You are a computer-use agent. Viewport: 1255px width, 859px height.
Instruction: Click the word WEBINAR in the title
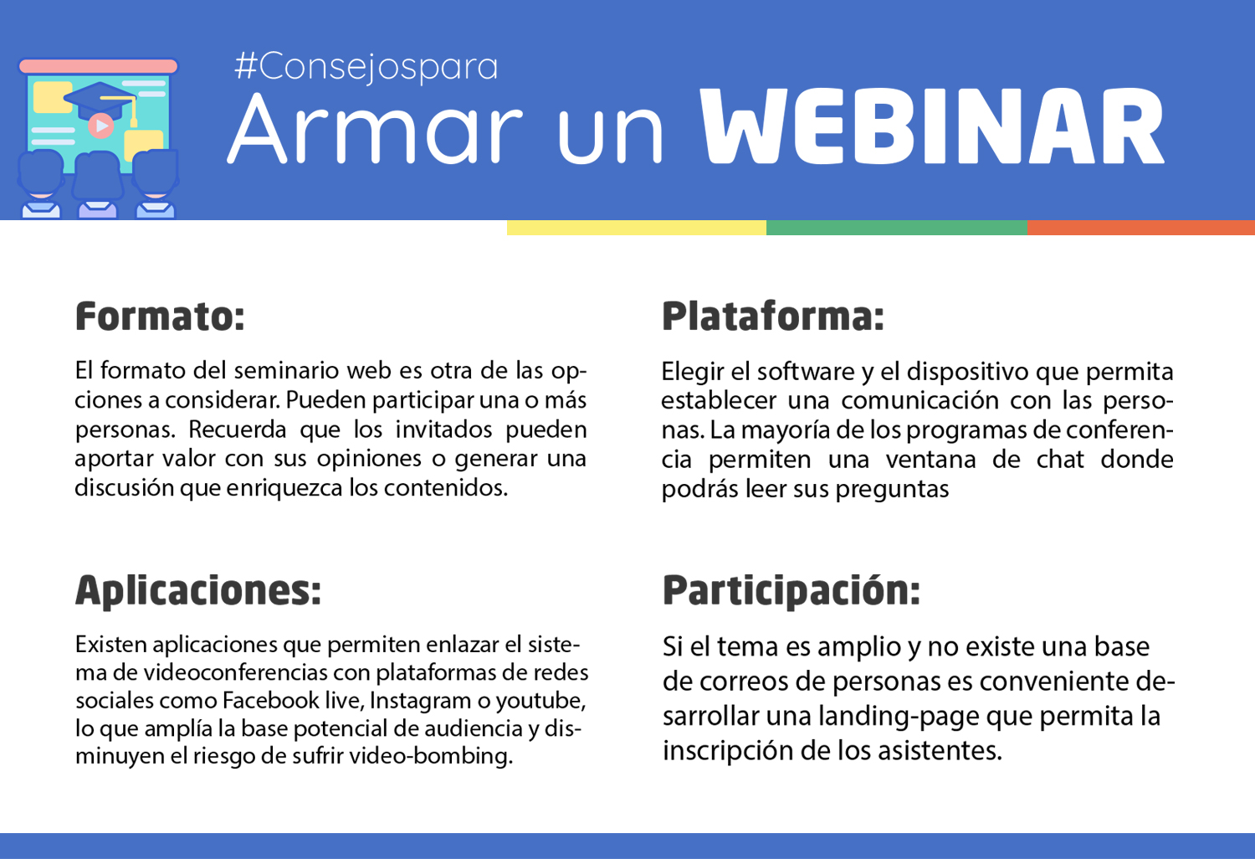pos(932,126)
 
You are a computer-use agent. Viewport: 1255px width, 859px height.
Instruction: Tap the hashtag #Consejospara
pos(366,67)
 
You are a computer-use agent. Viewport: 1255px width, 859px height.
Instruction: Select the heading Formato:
pos(161,316)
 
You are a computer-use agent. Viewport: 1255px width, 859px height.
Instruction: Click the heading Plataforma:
pos(772,316)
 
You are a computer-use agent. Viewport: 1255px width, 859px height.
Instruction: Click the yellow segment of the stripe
pos(637,228)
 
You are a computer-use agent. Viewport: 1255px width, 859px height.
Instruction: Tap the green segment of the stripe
pos(896,228)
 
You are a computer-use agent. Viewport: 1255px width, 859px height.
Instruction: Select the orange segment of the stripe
pos(1140,228)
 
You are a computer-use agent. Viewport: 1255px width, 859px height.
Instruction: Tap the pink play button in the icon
pos(101,126)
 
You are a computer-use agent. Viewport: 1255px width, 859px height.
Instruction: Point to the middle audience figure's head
pos(97,176)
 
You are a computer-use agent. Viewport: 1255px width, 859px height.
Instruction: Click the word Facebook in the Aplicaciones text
pos(270,700)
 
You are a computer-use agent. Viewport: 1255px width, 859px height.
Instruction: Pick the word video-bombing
pos(431,756)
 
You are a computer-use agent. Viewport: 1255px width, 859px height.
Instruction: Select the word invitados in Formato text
pos(443,429)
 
